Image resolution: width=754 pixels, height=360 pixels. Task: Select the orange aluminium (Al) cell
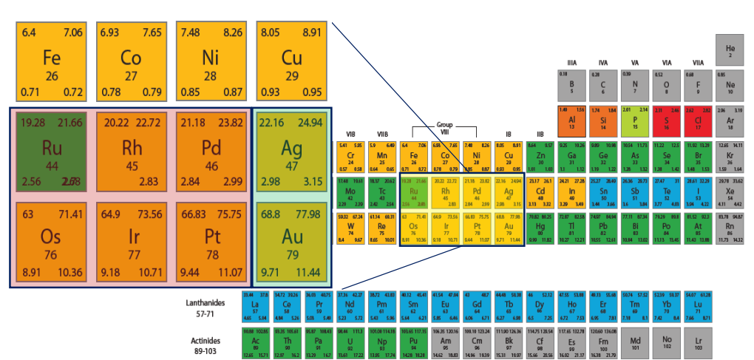coord(571,119)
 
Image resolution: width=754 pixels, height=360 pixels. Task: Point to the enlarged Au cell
coord(291,242)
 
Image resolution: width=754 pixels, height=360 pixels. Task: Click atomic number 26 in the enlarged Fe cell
coord(51,76)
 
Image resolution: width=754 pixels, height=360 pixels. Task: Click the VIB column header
coord(351,134)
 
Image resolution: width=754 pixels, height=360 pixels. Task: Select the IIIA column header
coord(571,62)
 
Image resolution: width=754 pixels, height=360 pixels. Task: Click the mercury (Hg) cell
coord(540,228)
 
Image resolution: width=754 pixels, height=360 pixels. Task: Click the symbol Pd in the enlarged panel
coord(211,149)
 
